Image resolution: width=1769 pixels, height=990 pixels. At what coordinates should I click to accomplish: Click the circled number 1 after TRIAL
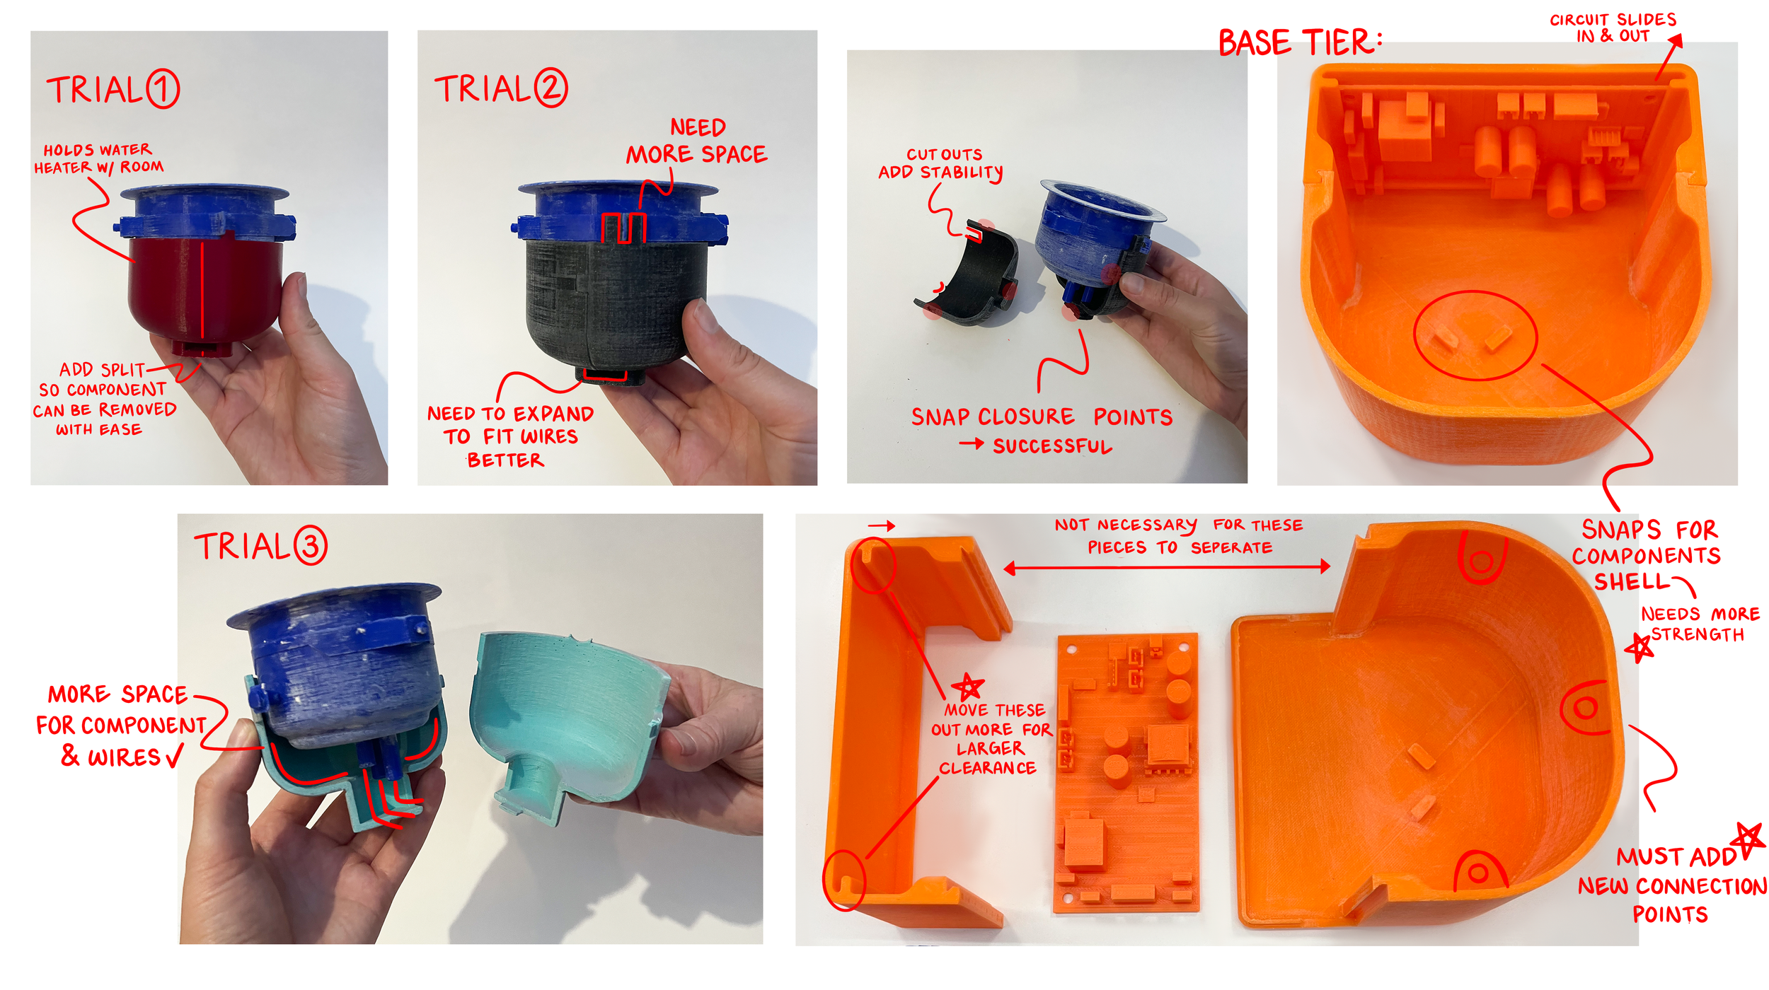click(x=163, y=89)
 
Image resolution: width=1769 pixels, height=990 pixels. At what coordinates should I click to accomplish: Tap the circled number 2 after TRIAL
click(x=551, y=88)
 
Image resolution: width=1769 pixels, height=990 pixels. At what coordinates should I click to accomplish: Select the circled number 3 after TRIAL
click(x=311, y=545)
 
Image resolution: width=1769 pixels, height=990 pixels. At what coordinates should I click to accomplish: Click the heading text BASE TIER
click(x=1299, y=42)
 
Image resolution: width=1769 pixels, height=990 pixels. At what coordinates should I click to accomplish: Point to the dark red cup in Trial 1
click(x=205, y=290)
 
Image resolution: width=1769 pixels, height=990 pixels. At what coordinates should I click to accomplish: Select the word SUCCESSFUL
click(x=1052, y=446)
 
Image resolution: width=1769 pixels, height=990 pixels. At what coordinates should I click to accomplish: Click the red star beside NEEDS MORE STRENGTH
click(x=1638, y=646)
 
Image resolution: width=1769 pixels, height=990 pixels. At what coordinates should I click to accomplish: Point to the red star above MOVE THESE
click(x=968, y=685)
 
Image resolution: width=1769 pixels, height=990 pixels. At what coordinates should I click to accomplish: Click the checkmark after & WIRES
click(x=174, y=756)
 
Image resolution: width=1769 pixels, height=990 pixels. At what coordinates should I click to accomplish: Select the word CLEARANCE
click(x=987, y=768)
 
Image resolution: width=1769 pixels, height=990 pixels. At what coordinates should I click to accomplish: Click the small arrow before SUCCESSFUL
click(x=971, y=444)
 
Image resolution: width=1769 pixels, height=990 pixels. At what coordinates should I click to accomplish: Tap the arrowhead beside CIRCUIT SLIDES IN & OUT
click(x=1675, y=42)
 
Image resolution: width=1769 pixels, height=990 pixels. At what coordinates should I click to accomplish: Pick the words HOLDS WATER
click(x=98, y=150)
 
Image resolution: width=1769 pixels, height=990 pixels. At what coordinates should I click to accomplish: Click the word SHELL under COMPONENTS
click(x=1632, y=581)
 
